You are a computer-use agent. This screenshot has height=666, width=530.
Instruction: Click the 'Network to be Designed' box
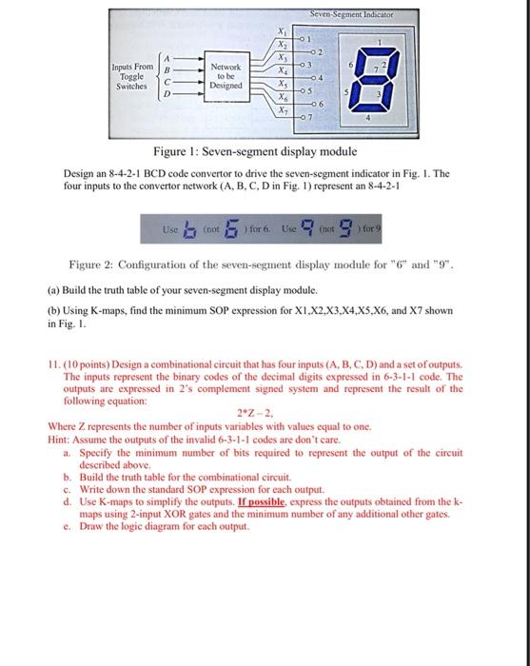pos(229,76)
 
